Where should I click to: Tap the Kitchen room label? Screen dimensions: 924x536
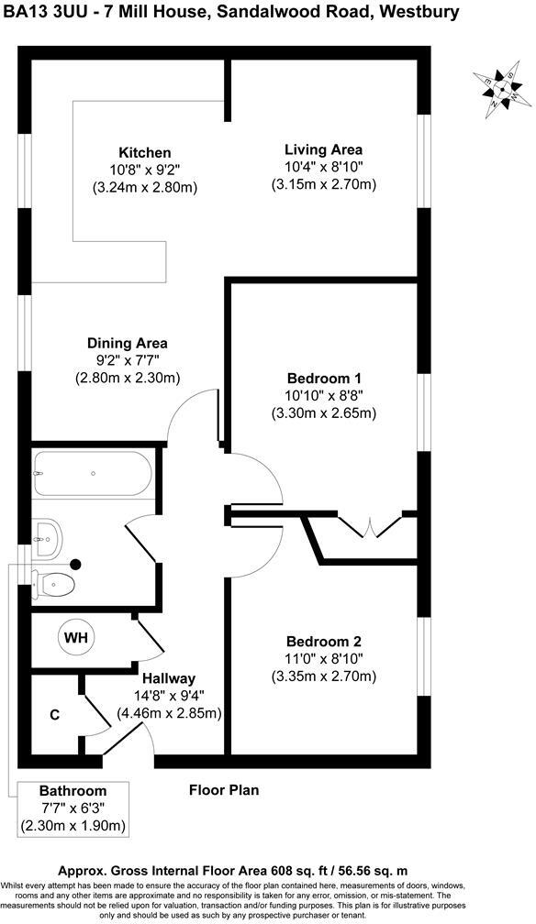[x=144, y=152]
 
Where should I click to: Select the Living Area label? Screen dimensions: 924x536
[x=323, y=149]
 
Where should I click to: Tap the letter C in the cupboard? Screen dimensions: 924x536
[x=55, y=714]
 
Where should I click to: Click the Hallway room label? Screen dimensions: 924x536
[x=168, y=678]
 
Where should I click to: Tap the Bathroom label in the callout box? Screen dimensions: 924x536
[x=73, y=791]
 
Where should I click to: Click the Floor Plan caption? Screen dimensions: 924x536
[x=224, y=789]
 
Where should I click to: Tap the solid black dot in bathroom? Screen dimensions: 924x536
[x=77, y=565]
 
